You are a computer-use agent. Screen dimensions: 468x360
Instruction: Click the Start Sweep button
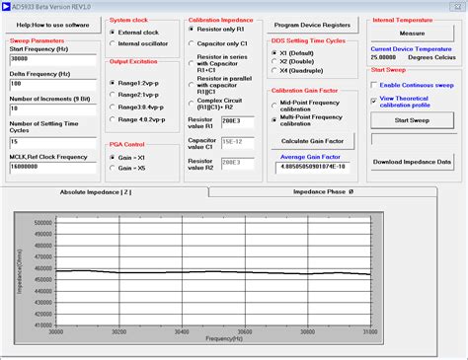click(412, 120)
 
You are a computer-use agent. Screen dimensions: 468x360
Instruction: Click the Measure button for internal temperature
click(412, 34)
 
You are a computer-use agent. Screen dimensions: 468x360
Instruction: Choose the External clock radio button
click(113, 32)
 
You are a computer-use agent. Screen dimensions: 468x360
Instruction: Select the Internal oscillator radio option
click(113, 43)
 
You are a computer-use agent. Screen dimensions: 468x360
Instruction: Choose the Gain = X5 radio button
click(113, 168)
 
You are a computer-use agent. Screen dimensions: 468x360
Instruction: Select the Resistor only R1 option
click(193, 32)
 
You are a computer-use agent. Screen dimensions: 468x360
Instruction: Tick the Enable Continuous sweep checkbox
click(374, 85)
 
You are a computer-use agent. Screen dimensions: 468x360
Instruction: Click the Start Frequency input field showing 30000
click(46, 59)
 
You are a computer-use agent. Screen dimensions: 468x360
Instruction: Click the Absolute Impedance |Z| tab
click(96, 192)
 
